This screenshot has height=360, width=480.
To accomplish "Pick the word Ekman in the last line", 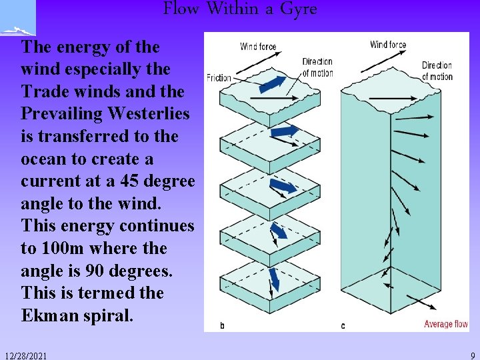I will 54,315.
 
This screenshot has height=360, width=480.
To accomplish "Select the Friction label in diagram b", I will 219,78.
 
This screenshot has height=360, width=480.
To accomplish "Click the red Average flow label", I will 446,325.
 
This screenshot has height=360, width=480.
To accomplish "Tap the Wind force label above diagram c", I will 388,45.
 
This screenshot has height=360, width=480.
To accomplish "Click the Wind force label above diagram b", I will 258,47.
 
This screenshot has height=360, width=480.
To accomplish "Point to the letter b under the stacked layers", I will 223,325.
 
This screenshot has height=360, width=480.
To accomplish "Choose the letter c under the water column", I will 343,325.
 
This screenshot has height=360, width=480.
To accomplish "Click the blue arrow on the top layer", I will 273,83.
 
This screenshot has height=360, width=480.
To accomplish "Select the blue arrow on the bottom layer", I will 273,278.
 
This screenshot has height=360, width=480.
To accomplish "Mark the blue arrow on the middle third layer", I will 283,186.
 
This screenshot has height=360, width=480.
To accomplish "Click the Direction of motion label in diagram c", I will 437,71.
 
